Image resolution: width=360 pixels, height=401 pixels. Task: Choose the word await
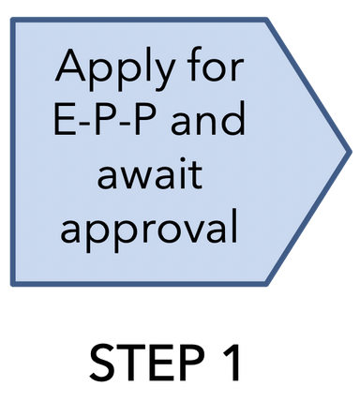[x=150, y=175]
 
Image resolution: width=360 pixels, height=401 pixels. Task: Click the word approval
[x=150, y=229]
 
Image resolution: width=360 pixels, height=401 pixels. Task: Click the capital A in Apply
[x=71, y=67]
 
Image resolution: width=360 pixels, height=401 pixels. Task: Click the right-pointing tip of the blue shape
[x=349, y=150]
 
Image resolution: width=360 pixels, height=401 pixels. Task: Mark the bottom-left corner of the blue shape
[x=13, y=282]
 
